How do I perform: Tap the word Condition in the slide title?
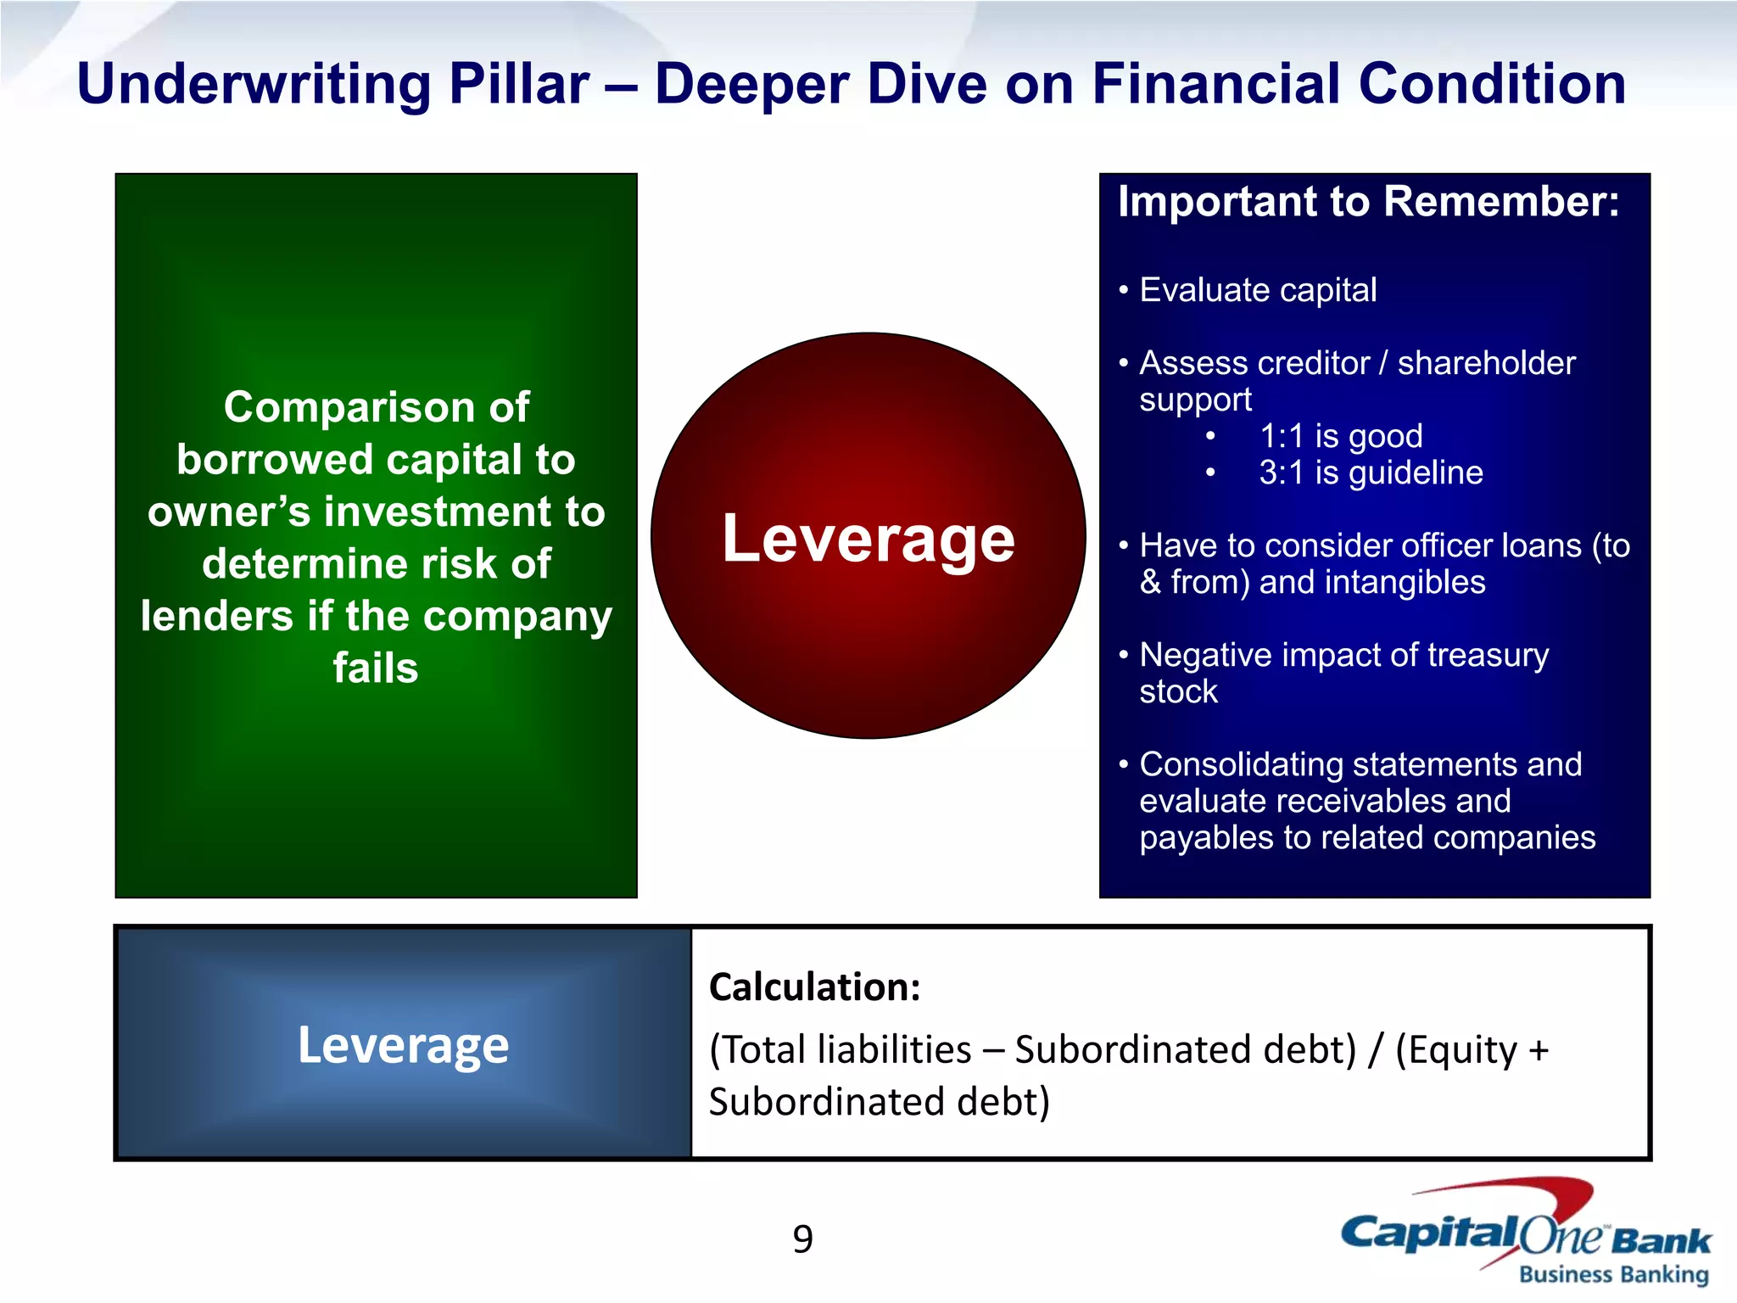pos(1492,85)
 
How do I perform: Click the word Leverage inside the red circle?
pos(868,539)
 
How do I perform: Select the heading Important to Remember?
pos(1368,202)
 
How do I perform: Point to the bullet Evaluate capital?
pos(1257,290)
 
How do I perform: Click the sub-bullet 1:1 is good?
pos(1340,436)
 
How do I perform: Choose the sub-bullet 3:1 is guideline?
pos(1371,473)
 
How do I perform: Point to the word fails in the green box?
pos(375,668)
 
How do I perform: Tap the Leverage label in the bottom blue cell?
pos(403,1044)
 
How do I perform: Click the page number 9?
pos(802,1239)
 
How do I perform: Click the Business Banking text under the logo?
pos(1613,1274)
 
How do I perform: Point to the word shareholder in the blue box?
pos(1486,363)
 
